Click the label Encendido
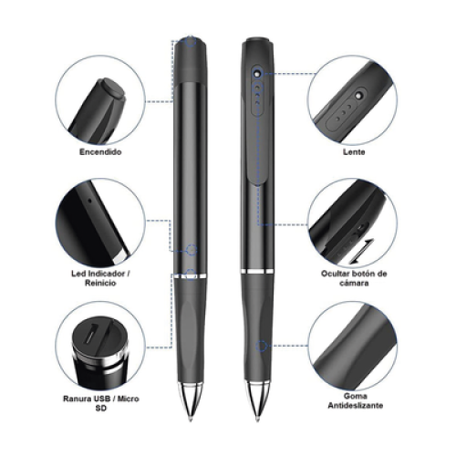pos(100,151)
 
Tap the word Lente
pos(354,151)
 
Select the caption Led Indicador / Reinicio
pos(100,278)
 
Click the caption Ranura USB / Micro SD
pos(101,403)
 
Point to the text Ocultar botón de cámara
pos(354,278)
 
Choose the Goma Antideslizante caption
pos(355,400)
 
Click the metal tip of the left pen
pos(191,401)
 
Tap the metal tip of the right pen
pos(257,401)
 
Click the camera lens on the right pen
pos(258,73)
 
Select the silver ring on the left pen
pos(191,276)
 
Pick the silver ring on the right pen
pos(257,271)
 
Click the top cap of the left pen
pos(191,59)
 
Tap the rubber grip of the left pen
pos(191,330)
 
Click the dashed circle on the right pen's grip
pos(262,346)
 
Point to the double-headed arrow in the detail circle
pos(362,251)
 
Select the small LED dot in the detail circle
pos(89,201)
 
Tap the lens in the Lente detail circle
pos(360,95)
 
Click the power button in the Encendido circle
pos(113,89)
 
